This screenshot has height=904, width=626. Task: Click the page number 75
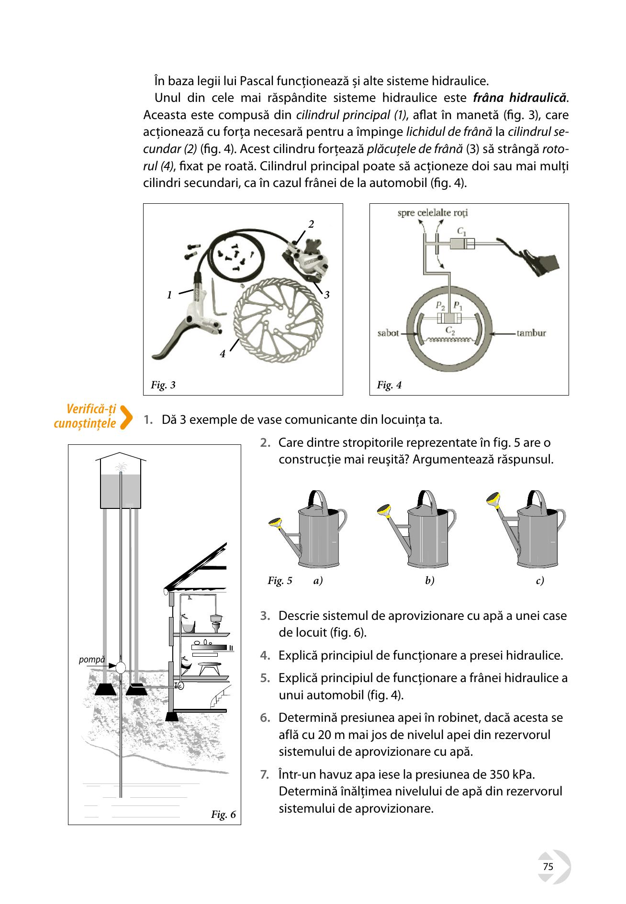tap(548, 867)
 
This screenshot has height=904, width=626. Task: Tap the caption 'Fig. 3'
tap(163, 385)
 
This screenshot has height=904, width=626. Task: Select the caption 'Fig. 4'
tap(389, 385)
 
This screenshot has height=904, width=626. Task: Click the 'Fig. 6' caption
tap(224, 815)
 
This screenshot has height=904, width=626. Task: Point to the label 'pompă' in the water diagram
tap(91, 660)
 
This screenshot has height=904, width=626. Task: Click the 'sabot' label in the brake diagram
tap(388, 332)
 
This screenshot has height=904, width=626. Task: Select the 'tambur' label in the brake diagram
tap(531, 332)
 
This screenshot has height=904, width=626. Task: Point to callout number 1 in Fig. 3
tap(169, 295)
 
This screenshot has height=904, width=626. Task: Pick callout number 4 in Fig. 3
tap(223, 354)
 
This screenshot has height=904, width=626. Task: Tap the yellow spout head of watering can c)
tap(494, 499)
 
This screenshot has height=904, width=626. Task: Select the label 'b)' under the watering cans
tap(430, 581)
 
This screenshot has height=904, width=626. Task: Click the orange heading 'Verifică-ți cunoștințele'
tap(85, 416)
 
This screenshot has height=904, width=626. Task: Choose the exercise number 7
tap(265, 774)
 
